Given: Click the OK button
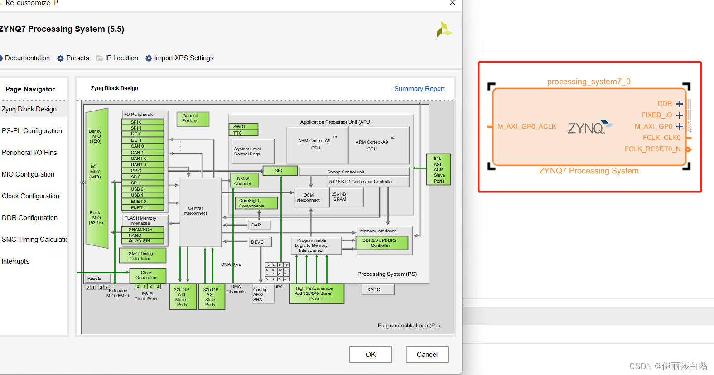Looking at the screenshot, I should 370,355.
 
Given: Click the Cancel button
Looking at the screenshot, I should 427,355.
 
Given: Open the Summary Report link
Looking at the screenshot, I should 419,89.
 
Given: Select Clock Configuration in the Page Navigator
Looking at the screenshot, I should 30,196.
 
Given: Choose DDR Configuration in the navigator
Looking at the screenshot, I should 29,218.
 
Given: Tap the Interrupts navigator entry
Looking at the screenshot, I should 15,261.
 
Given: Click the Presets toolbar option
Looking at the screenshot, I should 73,58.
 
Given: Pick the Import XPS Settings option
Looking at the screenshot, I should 179,58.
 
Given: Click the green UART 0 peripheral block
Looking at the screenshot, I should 142,159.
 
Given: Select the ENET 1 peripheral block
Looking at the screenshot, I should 142,207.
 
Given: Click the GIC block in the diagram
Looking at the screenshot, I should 280,171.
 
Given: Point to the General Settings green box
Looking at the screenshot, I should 193,119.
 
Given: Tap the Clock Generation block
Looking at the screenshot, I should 147,275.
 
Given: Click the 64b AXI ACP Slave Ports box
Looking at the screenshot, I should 439,169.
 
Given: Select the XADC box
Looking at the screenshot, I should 377,290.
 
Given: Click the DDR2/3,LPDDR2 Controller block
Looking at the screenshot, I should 381,243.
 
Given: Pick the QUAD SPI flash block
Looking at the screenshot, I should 142,241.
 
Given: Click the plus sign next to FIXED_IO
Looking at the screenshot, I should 680,115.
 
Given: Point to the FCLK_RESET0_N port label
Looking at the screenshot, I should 652,149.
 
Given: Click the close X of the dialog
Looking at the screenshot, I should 452,3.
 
